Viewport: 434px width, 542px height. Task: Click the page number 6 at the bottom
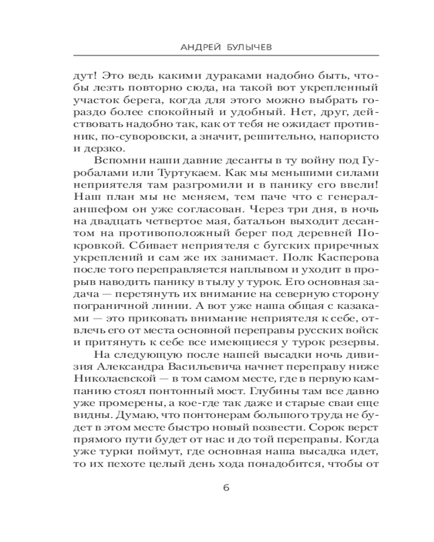[x=226, y=487]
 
